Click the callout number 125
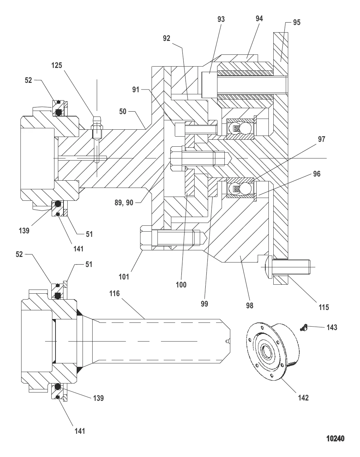tap(57, 65)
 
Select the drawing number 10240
tap(335, 439)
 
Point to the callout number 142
tap(303, 398)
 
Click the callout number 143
tap(332, 327)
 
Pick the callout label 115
tap(324, 307)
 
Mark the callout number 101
tap(124, 276)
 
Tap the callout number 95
tap(297, 23)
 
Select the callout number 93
tap(221, 19)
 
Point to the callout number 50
tap(123, 111)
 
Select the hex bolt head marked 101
tap(145, 238)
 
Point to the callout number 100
tap(181, 285)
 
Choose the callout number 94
tap(259, 18)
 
